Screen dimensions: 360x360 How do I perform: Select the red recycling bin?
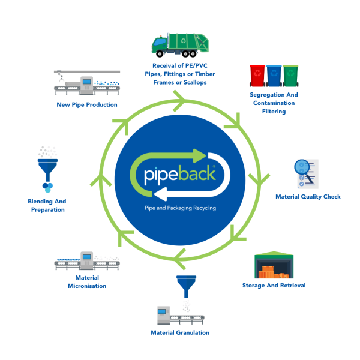click(x=257, y=77)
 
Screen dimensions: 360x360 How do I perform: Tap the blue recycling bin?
click(x=274, y=77)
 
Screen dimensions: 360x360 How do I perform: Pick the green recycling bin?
click(x=290, y=77)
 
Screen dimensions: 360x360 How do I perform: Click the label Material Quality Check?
click(x=307, y=196)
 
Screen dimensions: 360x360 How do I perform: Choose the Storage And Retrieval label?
click(x=274, y=285)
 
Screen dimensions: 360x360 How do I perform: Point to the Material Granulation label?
click(x=180, y=332)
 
